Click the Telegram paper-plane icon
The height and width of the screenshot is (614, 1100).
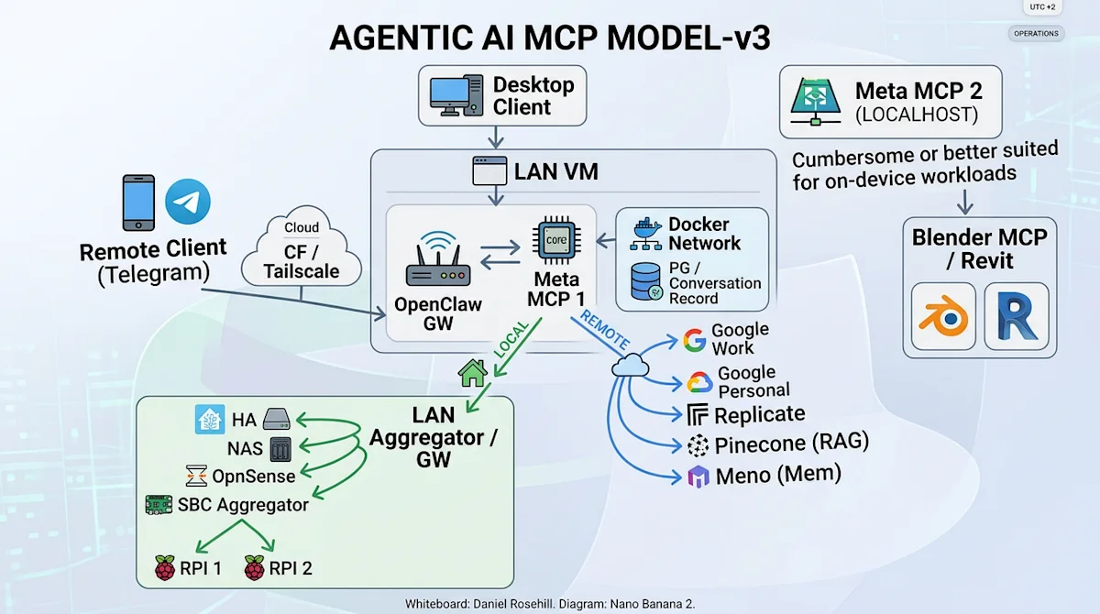pos(188,202)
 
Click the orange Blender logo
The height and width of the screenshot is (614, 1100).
pos(944,317)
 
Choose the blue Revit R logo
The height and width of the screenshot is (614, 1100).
pos(1017,317)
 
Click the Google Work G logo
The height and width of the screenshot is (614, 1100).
pos(695,341)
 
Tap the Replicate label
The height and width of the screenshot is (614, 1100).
pos(760,414)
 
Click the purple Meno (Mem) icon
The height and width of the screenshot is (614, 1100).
pos(698,477)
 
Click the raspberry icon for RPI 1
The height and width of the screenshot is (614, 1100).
pos(165,568)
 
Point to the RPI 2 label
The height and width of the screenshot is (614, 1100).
pos(291,568)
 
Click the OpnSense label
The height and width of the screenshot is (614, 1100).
pos(254,476)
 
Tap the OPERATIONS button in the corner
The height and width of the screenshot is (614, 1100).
pos(1036,34)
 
